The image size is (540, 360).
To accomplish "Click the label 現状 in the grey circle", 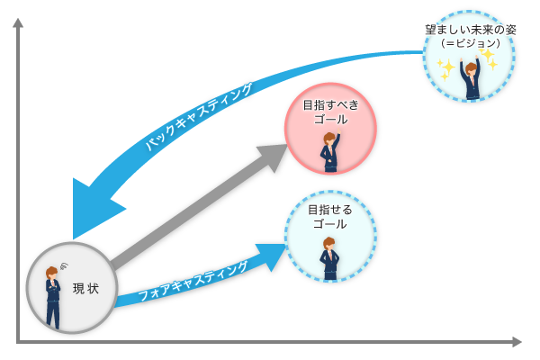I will (85, 288).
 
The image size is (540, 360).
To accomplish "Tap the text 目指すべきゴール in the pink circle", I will (325, 112).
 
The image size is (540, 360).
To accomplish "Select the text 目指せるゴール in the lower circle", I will (328, 216).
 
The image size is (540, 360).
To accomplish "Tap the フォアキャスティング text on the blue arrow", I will (195, 283).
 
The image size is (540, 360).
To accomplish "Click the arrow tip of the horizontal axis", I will (517, 342).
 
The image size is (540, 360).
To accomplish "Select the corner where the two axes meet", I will (18, 342).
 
